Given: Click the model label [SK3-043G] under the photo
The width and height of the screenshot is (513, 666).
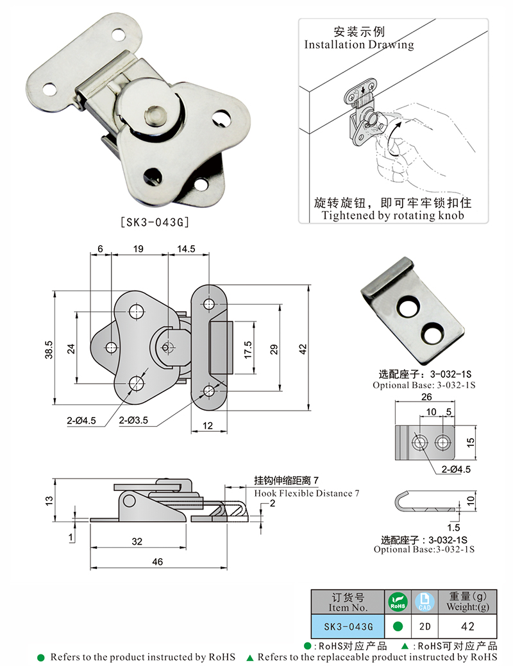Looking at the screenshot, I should point(155,223).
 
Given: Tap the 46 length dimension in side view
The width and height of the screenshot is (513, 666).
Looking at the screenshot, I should point(158,562).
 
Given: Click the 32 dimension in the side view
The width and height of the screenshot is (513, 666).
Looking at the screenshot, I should point(137,542).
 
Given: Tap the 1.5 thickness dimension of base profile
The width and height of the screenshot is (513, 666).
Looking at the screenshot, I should point(456,529).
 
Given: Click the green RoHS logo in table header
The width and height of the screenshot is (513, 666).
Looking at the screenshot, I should point(397,602).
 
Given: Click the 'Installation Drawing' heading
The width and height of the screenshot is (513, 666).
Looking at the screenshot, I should point(358,45).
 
